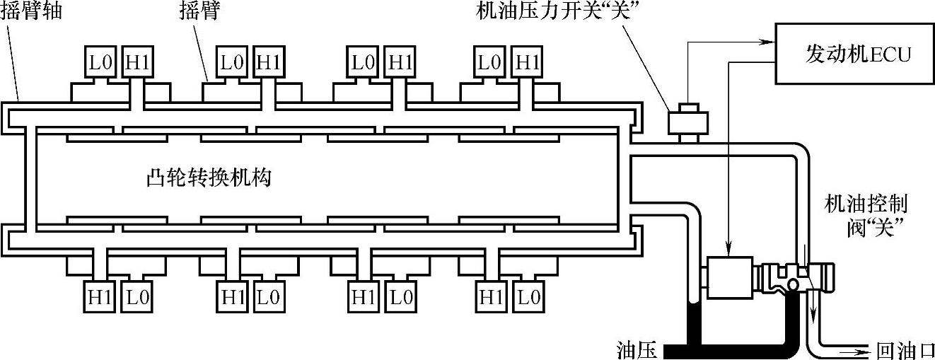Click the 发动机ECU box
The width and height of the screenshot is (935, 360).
pyautogui.click(x=853, y=53)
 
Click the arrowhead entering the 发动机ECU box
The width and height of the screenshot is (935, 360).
pyautogui.click(x=770, y=40)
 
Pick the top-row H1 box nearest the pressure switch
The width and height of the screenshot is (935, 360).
pyautogui.click(x=527, y=62)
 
